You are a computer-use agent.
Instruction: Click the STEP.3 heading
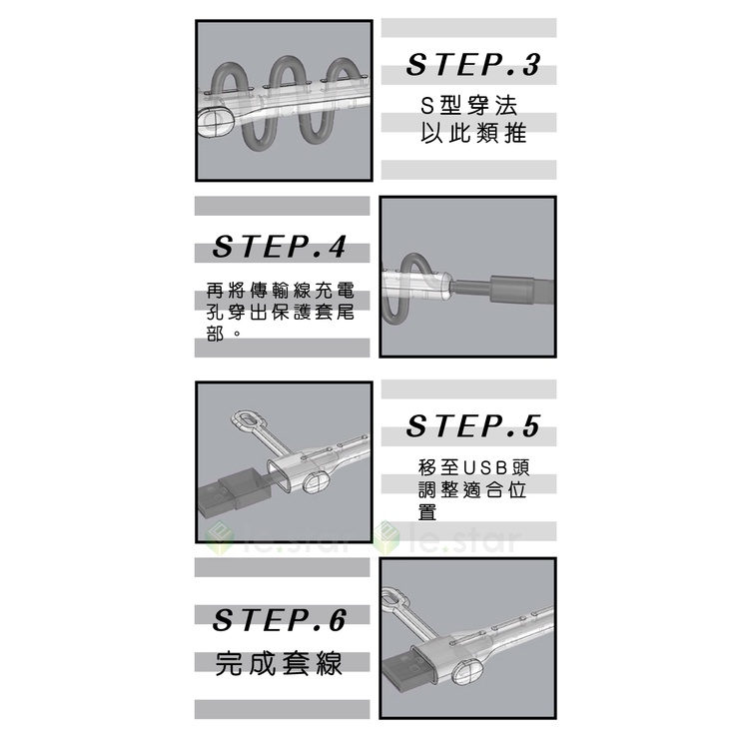pyautogui.click(x=473, y=65)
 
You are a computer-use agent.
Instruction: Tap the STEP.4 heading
pyautogui.click(x=279, y=247)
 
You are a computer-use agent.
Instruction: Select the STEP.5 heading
pyautogui.click(x=473, y=425)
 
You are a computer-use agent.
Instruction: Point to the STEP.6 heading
pyautogui.click(x=279, y=620)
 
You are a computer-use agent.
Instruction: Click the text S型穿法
pyautogui.click(x=468, y=106)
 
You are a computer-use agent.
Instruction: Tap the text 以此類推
pyautogui.click(x=473, y=132)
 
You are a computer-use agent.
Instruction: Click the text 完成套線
pyautogui.click(x=279, y=663)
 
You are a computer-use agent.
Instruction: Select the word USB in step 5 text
pyautogui.click(x=484, y=467)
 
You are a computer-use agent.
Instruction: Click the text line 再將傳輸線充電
pyautogui.click(x=281, y=290)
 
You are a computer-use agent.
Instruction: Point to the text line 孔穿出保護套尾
pyautogui.click(x=281, y=312)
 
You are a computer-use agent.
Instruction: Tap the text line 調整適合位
pyautogui.click(x=472, y=490)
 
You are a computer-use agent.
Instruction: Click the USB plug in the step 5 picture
pyautogui.click(x=233, y=495)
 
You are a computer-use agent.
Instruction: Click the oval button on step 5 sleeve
pyautogui.click(x=315, y=481)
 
